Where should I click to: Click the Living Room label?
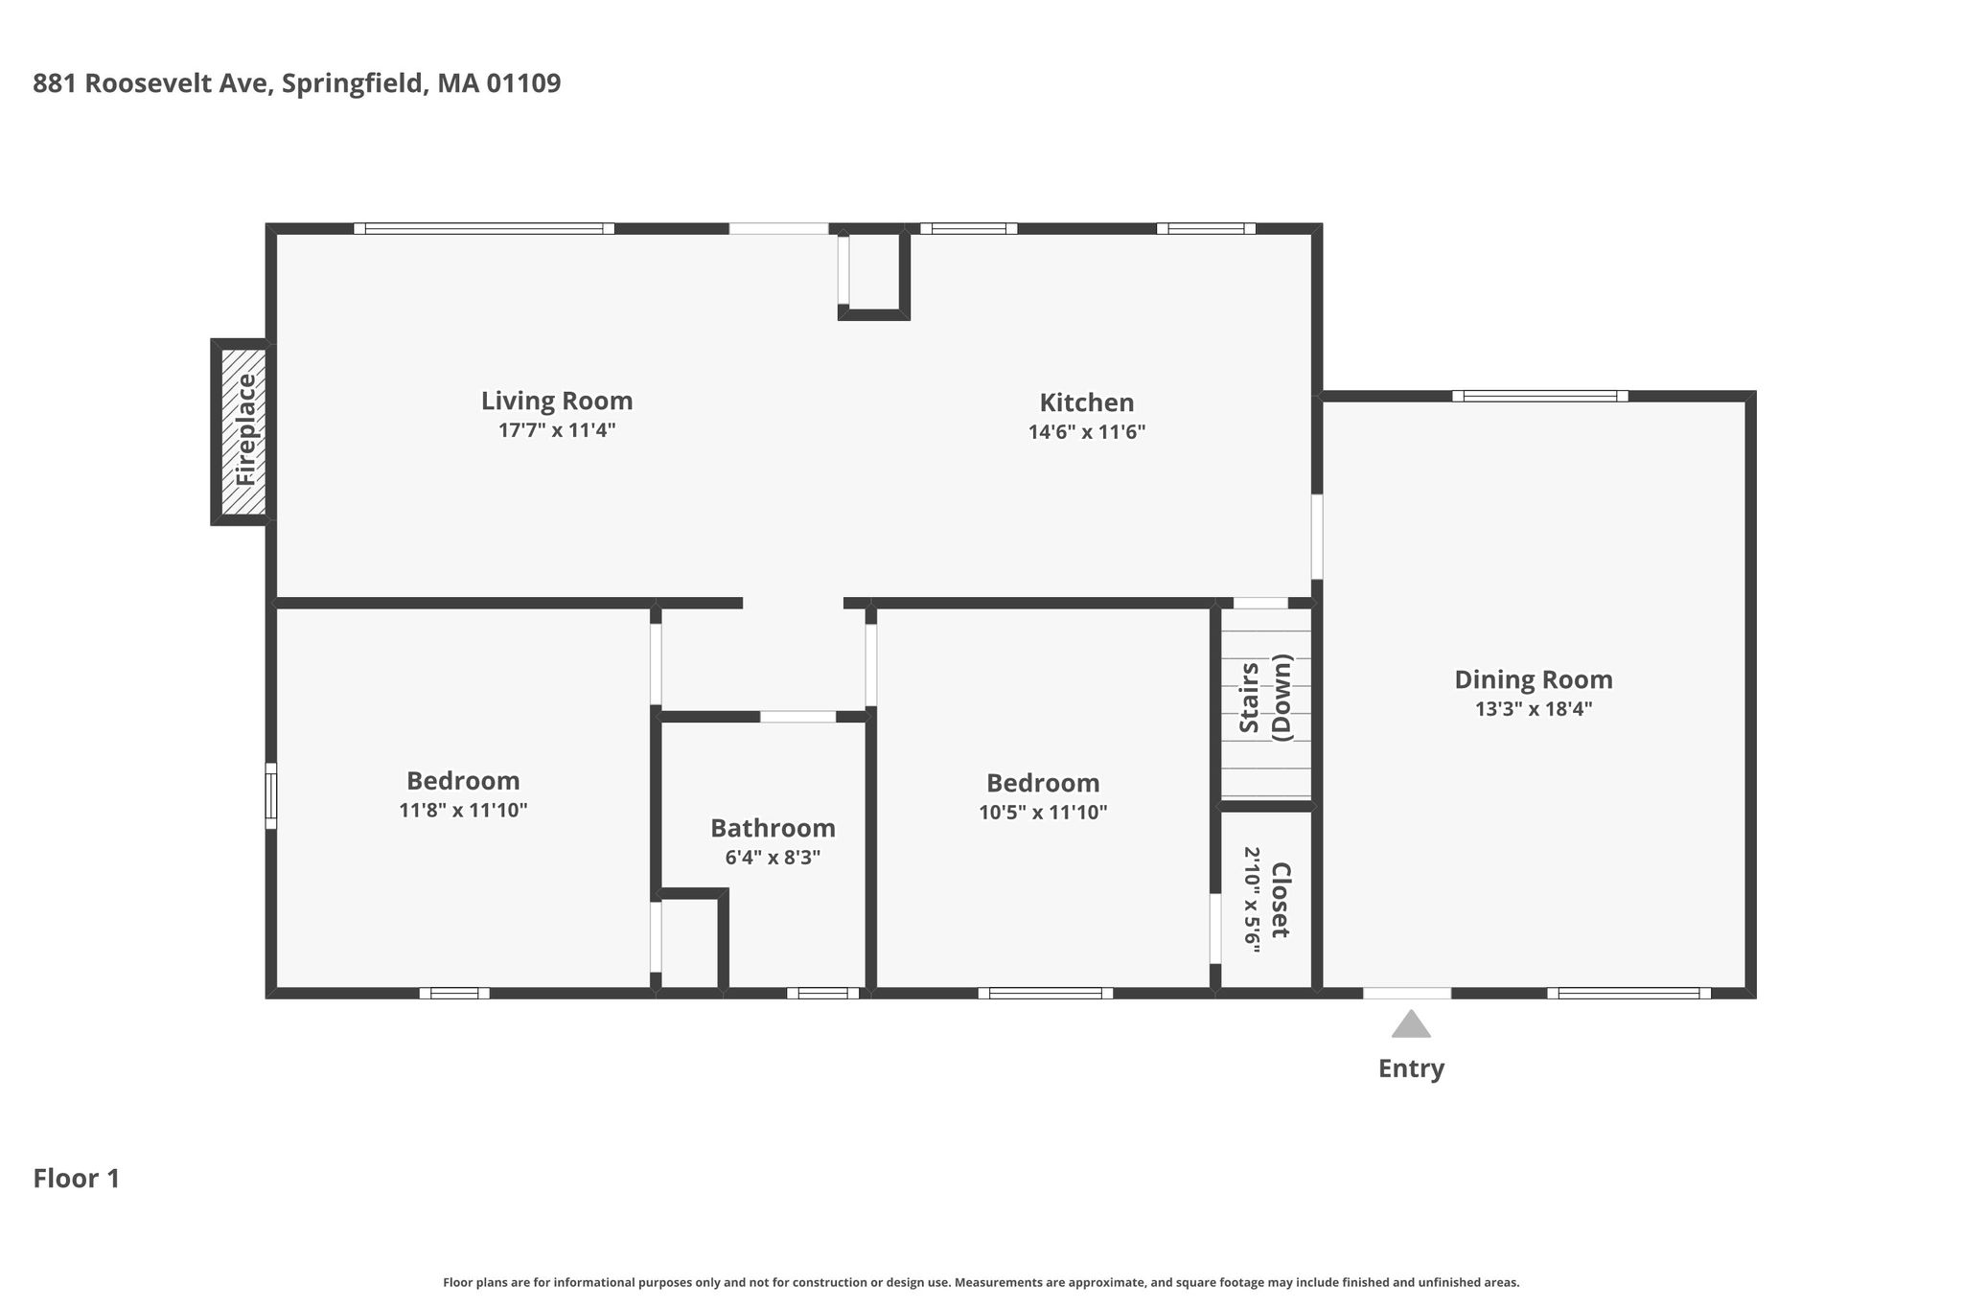coord(557,401)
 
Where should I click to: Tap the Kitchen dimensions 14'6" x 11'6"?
coord(1087,431)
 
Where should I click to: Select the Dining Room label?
coord(1534,680)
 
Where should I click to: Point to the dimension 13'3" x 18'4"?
coord(1534,709)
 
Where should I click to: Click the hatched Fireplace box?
coord(243,431)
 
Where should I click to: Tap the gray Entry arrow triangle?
coord(1411,1023)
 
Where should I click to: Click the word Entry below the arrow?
coord(1411,1068)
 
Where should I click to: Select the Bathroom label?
coord(773,828)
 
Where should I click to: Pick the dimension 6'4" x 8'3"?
coord(773,858)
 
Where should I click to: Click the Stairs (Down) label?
coord(1266,698)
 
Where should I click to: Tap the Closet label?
coord(1281,900)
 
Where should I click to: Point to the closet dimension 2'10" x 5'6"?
coord(1252,900)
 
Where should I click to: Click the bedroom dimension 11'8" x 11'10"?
coord(463,811)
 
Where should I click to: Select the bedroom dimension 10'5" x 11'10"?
coord(1043,813)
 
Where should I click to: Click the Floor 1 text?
coord(77,1179)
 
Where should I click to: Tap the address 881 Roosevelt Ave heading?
coord(297,83)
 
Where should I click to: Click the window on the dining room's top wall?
coord(1540,396)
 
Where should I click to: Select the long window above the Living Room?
coord(484,228)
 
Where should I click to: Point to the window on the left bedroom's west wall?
coord(271,795)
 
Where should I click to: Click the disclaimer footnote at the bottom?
coord(981,1282)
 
